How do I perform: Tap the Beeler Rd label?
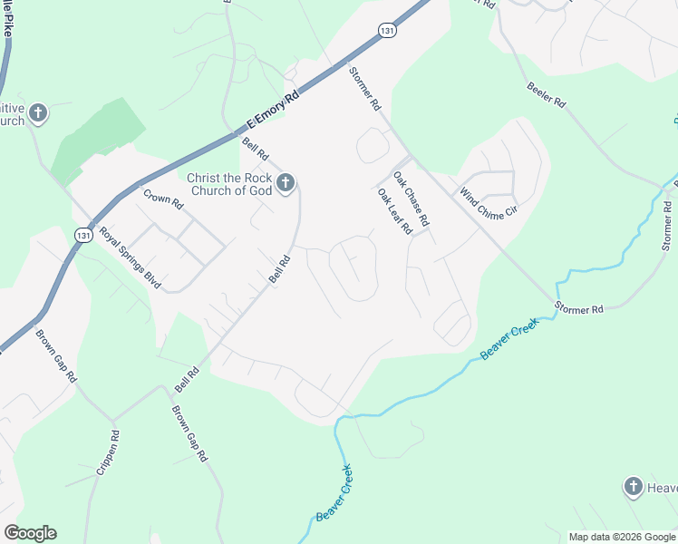point(547,93)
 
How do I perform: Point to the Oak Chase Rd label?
point(410,198)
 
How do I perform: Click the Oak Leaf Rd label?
point(394,212)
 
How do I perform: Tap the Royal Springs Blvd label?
point(131,258)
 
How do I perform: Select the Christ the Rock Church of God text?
point(228,184)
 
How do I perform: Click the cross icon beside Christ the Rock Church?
point(285,185)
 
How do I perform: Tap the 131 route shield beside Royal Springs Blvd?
point(82,235)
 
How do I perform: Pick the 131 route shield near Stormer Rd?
point(387,30)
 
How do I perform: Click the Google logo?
point(30,533)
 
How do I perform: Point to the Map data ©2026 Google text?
point(622,537)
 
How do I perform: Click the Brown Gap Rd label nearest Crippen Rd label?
point(191,432)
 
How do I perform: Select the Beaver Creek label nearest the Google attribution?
point(334,492)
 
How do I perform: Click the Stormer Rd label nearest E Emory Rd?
point(364,89)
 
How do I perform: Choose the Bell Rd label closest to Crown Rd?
point(256,149)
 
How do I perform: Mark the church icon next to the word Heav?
point(634,488)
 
